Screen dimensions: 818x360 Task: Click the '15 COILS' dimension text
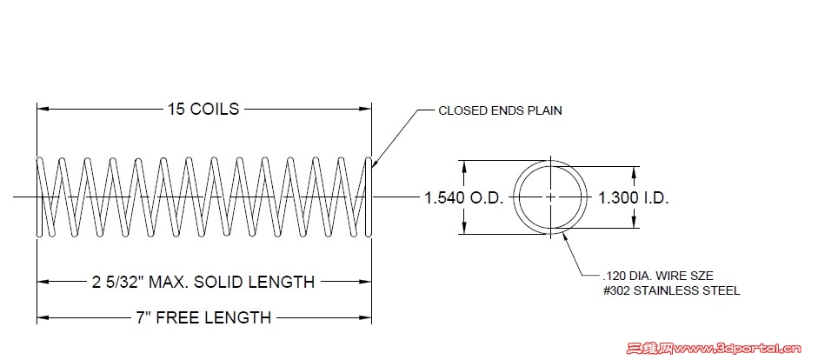click(x=203, y=109)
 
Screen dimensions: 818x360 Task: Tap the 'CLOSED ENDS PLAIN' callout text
click(x=500, y=110)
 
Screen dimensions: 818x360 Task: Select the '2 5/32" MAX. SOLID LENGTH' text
click(x=203, y=283)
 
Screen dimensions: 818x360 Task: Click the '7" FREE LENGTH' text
click(x=204, y=317)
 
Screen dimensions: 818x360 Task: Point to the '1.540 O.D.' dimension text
click(x=464, y=198)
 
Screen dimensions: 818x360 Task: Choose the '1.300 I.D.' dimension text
click(x=633, y=198)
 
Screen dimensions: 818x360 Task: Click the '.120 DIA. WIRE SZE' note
click(x=657, y=276)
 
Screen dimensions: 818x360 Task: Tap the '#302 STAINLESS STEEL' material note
click(x=671, y=291)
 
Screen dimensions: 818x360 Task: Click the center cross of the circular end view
click(x=551, y=197)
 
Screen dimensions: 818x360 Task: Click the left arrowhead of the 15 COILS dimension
click(x=43, y=109)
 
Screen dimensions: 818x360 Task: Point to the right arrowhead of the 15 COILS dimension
click(x=366, y=109)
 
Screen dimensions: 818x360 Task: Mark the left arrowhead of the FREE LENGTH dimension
click(x=43, y=317)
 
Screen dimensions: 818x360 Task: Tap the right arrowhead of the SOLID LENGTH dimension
click(x=366, y=282)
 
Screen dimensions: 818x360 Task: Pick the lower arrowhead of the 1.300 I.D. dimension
click(x=635, y=223)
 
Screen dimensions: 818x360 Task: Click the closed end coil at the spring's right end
click(x=369, y=197)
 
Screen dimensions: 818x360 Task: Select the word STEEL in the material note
click(x=722, y=291)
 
